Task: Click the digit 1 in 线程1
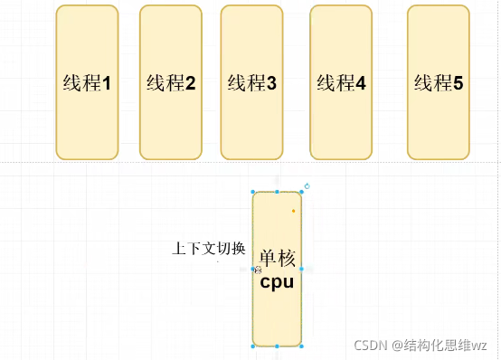[106, 84]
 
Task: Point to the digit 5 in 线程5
[458, 84]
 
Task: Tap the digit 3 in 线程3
[271, 84]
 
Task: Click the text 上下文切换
[209, 248]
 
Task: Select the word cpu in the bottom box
[277, 281]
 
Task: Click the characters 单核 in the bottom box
[277, 259]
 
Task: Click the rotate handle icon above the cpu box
[307, 186]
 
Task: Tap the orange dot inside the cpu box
[293, 212]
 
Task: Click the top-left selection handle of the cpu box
[253, 193]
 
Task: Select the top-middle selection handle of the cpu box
[277, 193]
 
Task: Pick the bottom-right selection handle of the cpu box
[301, 346]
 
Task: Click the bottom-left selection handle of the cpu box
[253, 346]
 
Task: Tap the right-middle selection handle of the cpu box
[301, 270]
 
